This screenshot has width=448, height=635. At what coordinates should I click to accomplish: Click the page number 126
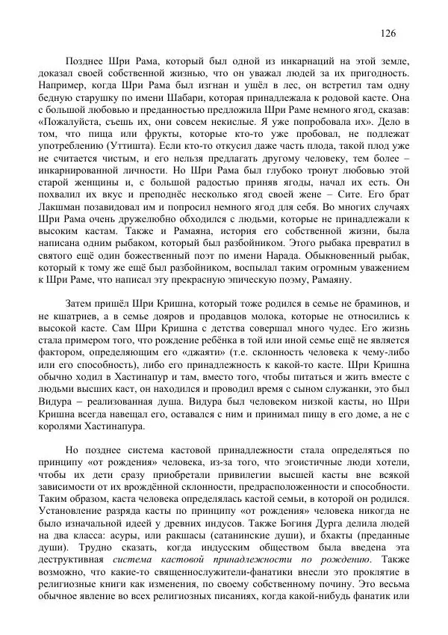[388, 33]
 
